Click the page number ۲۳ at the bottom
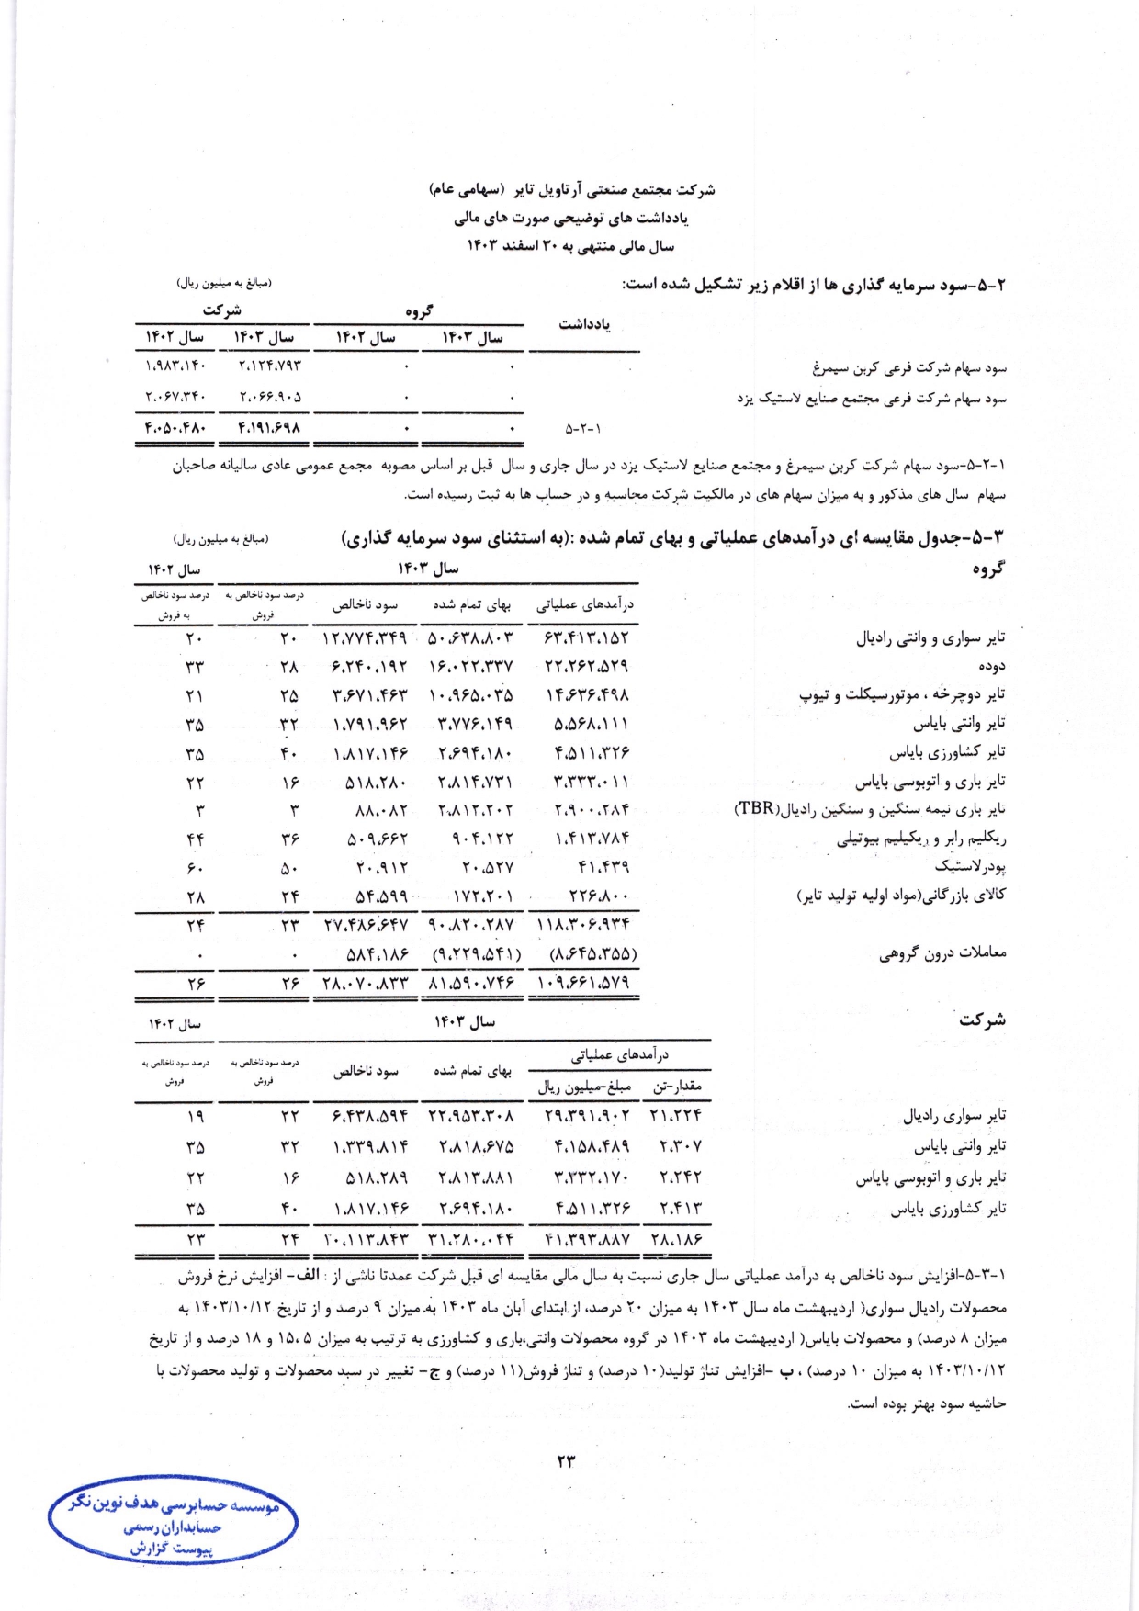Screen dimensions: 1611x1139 point(565,1460)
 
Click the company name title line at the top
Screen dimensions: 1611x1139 point(571,190)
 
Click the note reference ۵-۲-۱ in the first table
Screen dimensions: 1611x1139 point(583,428)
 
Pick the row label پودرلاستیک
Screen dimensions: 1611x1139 point(970,866)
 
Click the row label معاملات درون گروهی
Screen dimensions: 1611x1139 point(942,953)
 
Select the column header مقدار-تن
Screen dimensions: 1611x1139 point(677,1087)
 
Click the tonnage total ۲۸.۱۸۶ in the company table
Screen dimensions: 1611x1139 point(676,1239)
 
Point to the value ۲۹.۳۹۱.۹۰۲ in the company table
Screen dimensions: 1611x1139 point(586,1117)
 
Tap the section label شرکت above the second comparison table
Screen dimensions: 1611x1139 point(982,1020)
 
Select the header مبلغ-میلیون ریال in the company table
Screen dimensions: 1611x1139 point(585,1087)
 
